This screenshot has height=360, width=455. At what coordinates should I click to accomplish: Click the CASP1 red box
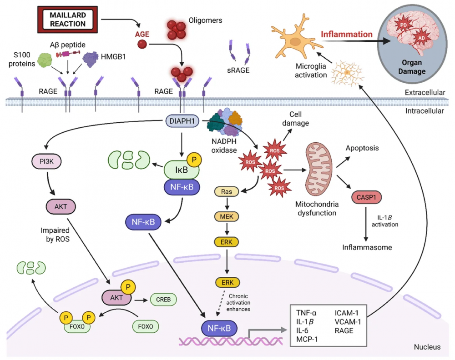tap(367, 198)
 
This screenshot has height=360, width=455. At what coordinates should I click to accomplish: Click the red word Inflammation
tap(347, 34)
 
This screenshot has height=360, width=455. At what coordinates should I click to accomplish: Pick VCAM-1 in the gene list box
tap(349, 321)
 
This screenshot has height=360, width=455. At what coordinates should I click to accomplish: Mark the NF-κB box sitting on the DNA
tap(217, 327)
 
